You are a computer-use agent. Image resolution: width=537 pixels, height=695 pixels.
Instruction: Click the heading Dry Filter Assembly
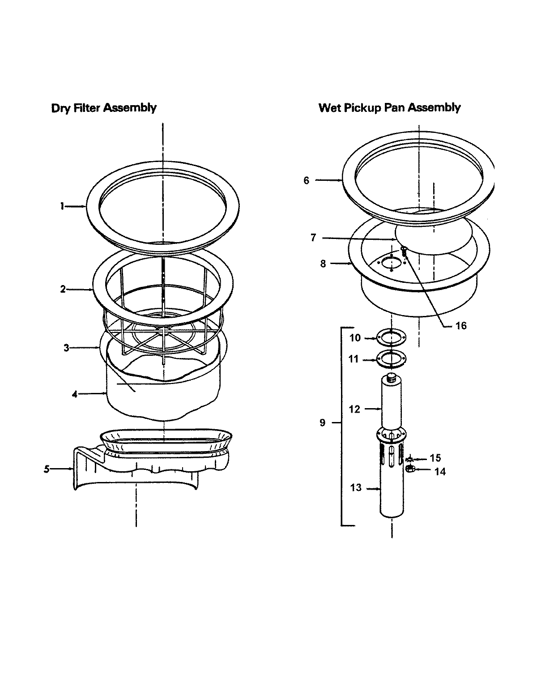tap(104, 108)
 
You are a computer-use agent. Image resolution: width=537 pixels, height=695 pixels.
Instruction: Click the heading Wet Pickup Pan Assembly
tap(389, 108)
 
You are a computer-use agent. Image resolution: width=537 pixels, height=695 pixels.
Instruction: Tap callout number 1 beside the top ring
tap(63, 206)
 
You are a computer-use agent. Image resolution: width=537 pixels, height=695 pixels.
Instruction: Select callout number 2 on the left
tap(63, 289)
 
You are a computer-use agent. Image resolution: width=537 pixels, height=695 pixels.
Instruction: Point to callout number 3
tap(66, 348)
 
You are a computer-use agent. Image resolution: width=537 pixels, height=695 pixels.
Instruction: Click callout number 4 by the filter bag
tap(75, 394)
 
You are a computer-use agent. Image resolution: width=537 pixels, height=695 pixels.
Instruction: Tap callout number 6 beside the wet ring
tap(307, 180)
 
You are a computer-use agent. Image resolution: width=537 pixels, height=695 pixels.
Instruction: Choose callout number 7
tap(313, 238)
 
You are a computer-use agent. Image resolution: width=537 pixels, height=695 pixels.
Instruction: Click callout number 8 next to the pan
tap(323, 263)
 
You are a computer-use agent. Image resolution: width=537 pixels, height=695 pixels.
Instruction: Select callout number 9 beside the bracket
tap(323, 422)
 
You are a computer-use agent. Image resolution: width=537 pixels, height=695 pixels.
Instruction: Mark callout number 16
tap(461, 325)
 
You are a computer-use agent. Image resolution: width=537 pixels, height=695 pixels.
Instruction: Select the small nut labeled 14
tap(410, 469)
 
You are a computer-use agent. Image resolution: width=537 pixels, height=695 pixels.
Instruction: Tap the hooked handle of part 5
tap(83, 465)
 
